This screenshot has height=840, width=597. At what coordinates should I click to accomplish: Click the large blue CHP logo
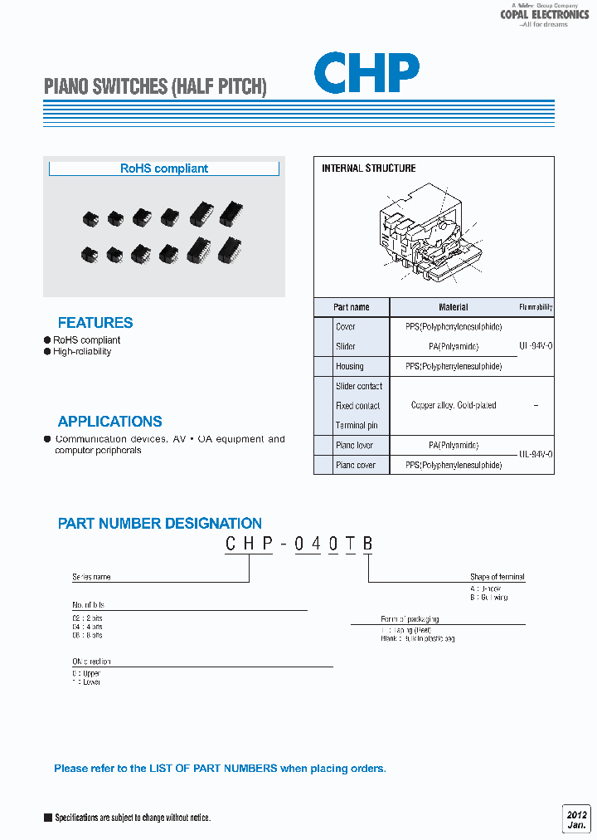(366, 73)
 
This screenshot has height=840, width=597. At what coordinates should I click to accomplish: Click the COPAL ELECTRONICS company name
(545, 15)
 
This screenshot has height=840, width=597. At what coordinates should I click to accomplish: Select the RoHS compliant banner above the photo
(164, 168)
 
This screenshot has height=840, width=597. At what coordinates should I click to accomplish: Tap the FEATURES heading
(95, 323)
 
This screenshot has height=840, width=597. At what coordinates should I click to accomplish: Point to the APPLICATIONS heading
(110, 422)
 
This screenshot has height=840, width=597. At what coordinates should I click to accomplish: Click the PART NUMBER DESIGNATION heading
(160, 524)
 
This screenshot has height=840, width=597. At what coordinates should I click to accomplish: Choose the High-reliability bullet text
(82, 352)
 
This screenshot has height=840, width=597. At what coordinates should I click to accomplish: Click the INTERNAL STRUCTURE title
(369, 168)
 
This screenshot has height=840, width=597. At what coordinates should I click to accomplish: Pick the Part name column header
(352, 307)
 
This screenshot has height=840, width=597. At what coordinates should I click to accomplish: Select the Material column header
(454, 307)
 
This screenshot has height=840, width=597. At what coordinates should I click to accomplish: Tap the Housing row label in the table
(350, 366)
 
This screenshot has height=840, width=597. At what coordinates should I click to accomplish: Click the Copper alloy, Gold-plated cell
(454, 406)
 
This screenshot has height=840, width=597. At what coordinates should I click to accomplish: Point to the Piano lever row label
(354, 446)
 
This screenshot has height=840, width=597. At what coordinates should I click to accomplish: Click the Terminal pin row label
(357, 426)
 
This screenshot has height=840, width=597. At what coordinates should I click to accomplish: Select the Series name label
(91, 577)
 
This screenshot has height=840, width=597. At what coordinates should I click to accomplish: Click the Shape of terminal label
(498, 577)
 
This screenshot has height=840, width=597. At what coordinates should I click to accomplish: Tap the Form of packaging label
(410, 619)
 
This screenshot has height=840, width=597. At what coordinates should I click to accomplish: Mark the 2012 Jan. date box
(576, 817)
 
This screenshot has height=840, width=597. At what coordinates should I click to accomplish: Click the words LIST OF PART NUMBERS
(213, 769)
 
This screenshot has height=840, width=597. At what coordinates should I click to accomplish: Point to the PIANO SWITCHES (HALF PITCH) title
(155, 86)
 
